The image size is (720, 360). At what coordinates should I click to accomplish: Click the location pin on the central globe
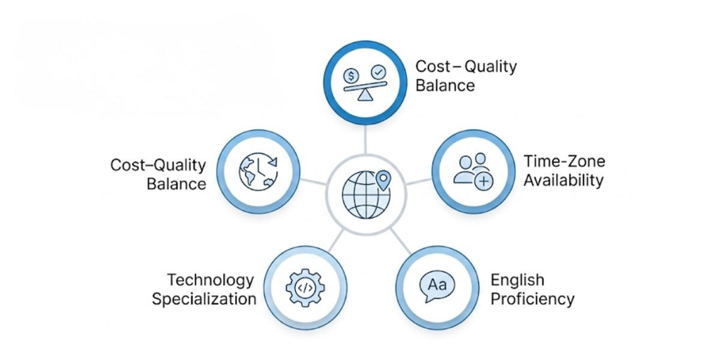coord(383,178)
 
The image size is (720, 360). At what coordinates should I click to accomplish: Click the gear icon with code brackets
coord(305,288)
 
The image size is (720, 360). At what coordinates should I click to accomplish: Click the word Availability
coord(563,179)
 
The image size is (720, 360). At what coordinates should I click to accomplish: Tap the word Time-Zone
coord(564,161)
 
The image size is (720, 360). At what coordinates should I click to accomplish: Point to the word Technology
coord(210,280)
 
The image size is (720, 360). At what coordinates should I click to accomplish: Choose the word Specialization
coord(204,298)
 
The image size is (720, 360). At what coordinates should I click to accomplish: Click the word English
coord(517,280)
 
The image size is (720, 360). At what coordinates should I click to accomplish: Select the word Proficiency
coord(532,298)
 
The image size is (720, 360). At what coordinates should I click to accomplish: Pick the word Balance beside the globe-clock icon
coord(176,183)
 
